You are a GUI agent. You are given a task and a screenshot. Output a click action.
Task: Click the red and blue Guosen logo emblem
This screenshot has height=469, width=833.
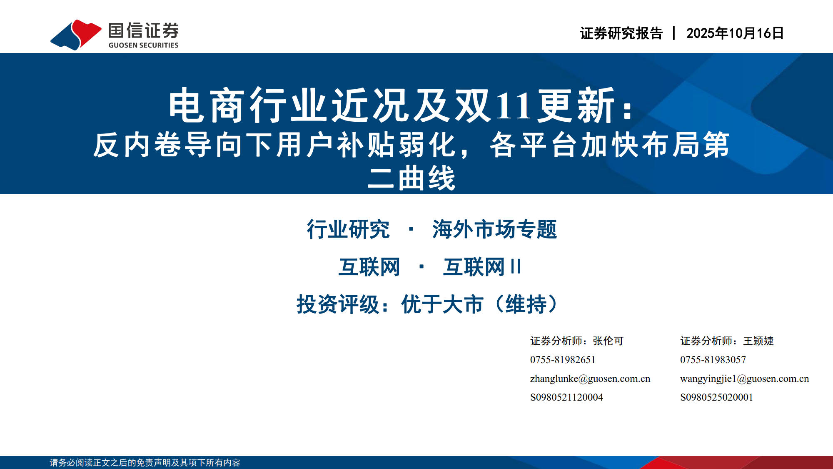point(75,35)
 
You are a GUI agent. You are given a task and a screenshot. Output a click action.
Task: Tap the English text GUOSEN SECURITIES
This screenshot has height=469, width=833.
point(143,45)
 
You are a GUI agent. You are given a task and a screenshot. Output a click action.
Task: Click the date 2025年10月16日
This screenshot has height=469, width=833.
point(735,33)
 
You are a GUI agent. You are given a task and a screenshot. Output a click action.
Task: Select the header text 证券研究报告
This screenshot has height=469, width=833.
point(621,33)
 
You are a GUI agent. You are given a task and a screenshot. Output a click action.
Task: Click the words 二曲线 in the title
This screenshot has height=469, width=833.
point(412,178)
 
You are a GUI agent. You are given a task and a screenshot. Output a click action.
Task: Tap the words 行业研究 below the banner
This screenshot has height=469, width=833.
point(348,229)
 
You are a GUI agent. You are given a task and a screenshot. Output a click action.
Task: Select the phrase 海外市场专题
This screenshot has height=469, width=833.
point(494,229)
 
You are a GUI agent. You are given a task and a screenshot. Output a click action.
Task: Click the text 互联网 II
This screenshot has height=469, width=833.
point(482,267)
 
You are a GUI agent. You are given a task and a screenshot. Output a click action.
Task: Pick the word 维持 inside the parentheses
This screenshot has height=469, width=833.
point(526,304)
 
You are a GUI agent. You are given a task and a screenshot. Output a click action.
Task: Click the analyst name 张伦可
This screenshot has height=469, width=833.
point(608,341)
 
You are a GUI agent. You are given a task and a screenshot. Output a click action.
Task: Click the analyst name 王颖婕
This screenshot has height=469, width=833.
point(758,341)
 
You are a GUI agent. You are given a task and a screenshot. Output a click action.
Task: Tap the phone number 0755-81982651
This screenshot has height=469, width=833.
point(563,360)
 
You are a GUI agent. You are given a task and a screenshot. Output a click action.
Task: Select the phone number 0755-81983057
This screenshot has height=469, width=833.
point(713,360)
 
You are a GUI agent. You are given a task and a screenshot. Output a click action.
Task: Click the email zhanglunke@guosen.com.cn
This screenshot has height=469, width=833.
point(590,379)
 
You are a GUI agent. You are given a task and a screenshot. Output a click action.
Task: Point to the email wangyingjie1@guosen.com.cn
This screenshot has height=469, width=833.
point(745,379)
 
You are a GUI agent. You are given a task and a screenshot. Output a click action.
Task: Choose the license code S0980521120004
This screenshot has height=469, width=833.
point(566,397)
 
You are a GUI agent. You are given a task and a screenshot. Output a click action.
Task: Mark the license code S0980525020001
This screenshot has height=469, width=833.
point(717,397)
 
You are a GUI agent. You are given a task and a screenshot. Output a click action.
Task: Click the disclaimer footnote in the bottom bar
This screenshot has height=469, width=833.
point(145,463)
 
